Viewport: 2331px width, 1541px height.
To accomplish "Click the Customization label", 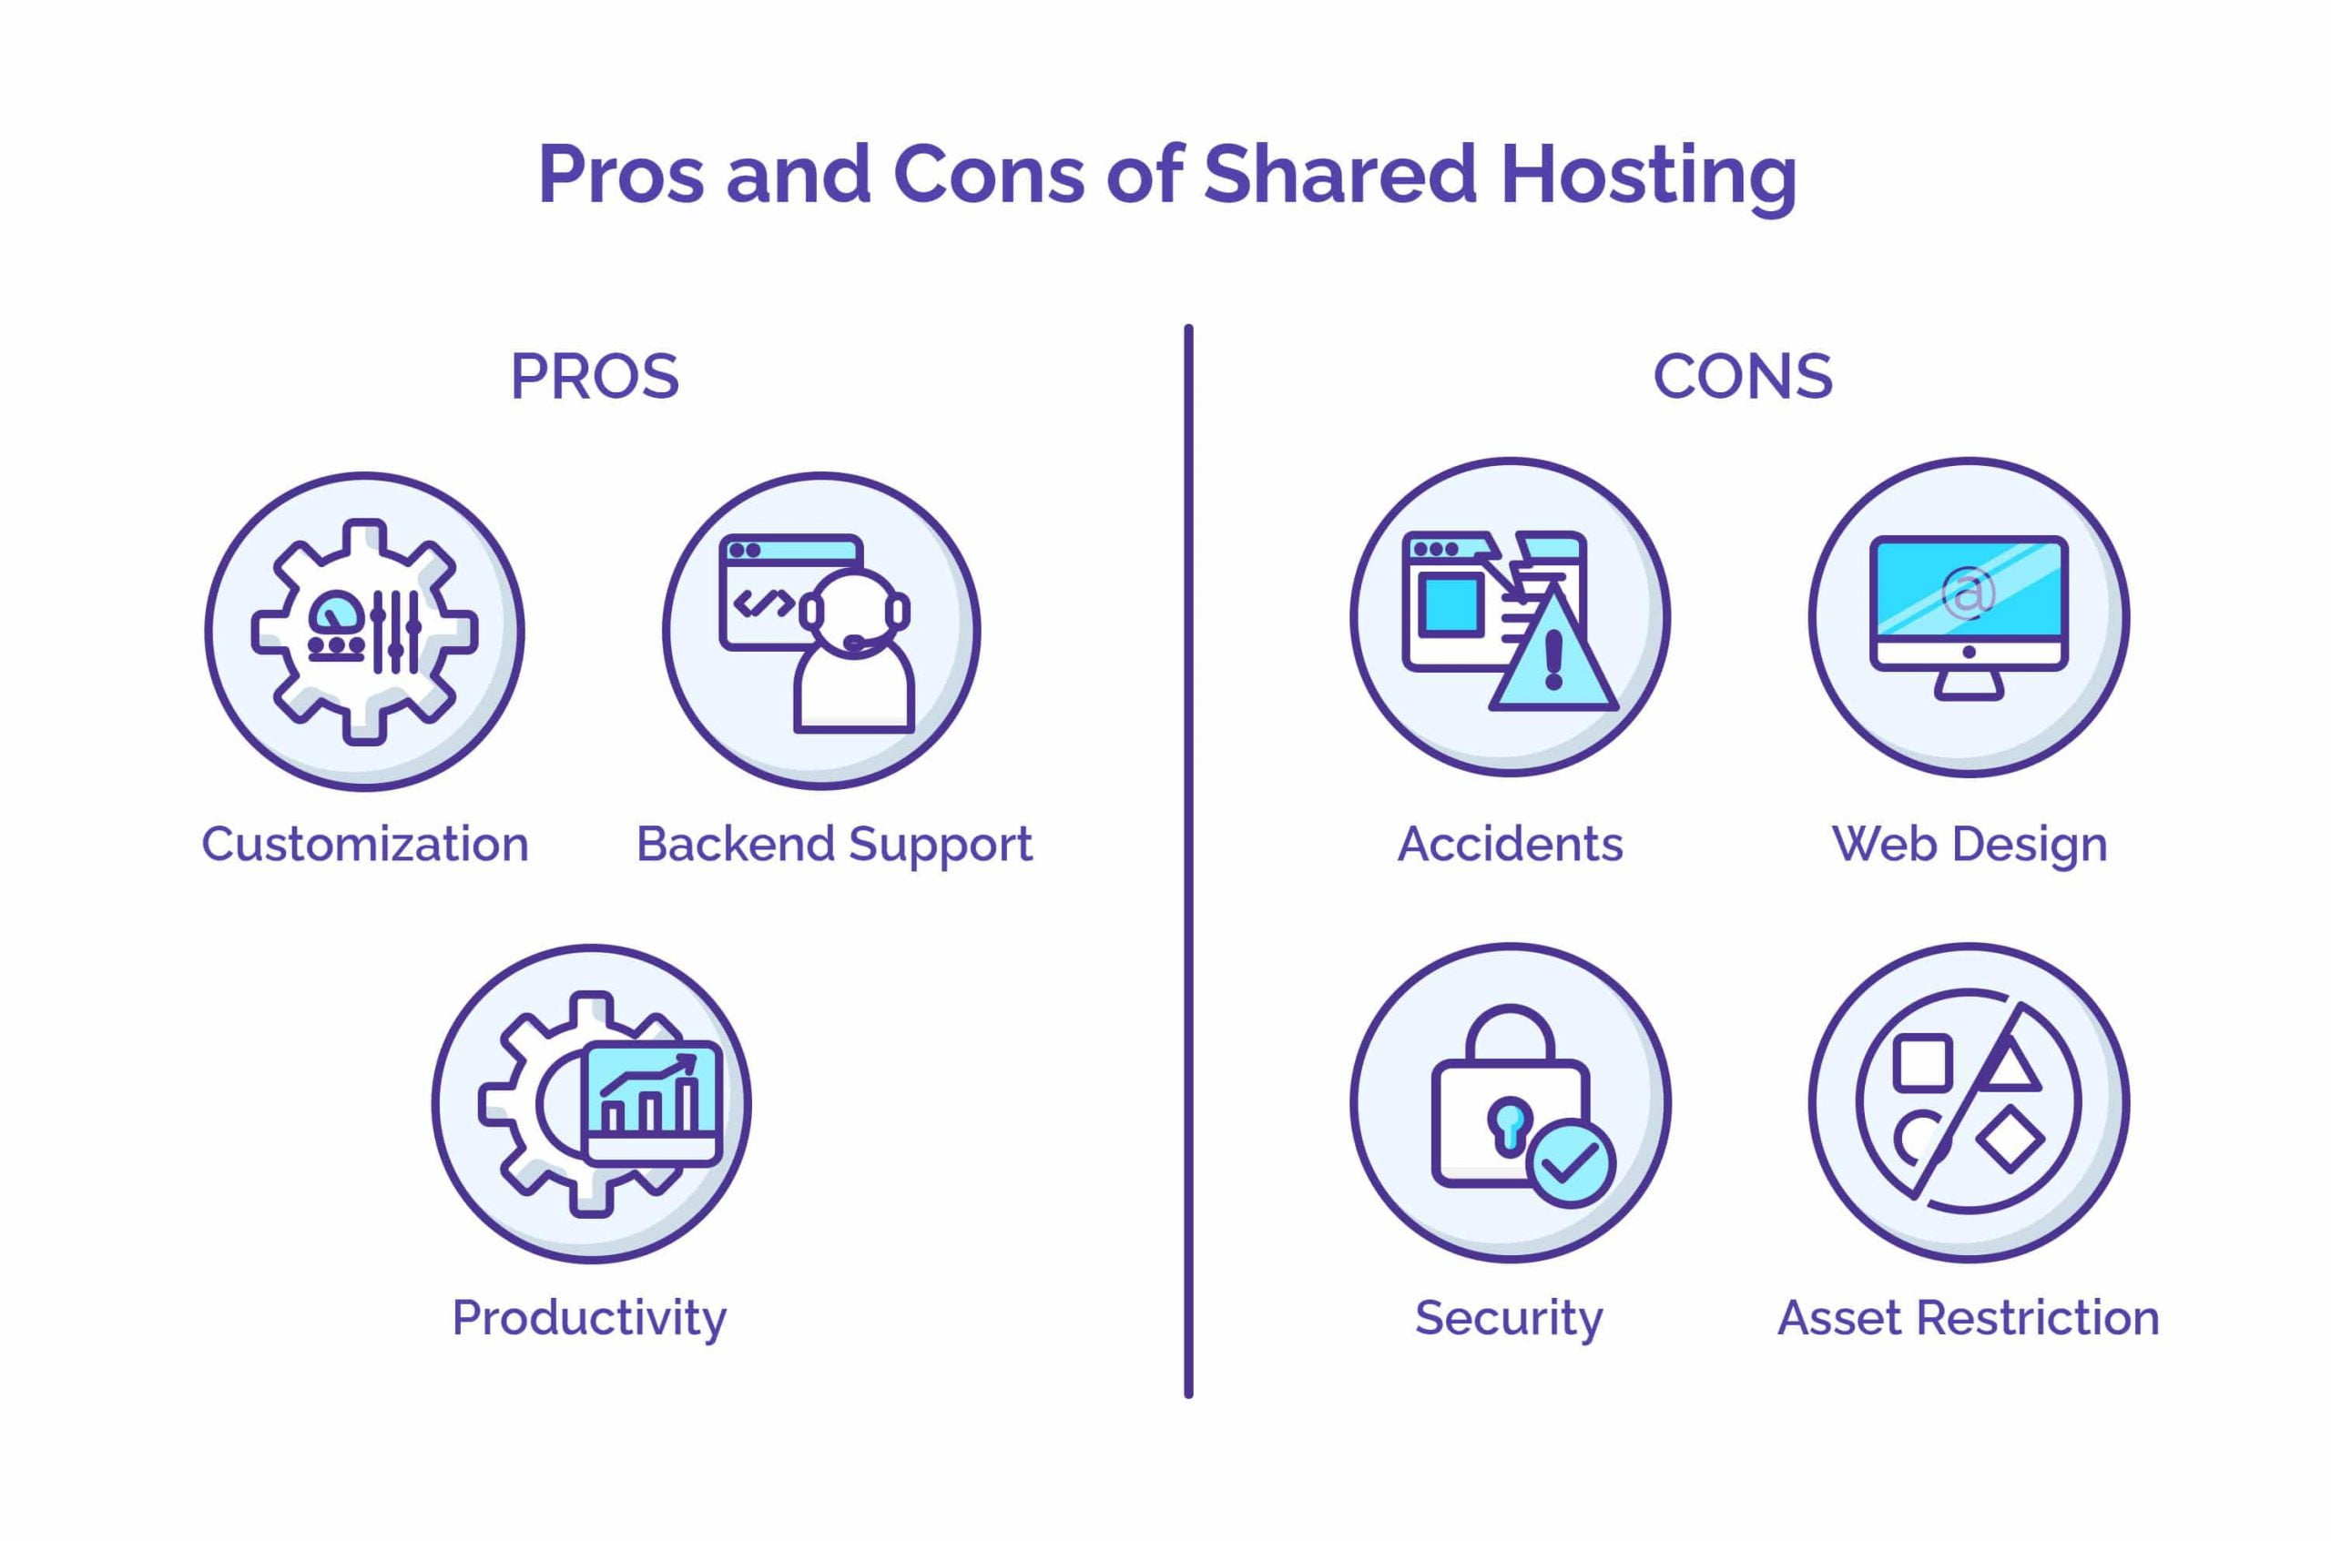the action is coord(365,843).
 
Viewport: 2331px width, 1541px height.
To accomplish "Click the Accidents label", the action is coord(1510,843).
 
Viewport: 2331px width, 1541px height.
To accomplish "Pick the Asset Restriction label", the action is coord(1969,1317).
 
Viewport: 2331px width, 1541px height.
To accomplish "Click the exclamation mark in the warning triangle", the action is coord(1553,659).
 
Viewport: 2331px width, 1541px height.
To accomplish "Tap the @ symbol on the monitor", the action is coord(1970,593).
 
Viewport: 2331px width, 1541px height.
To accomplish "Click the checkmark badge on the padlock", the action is coord(1572,1163).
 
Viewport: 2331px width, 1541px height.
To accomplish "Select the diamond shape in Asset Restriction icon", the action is coord(2010,1139).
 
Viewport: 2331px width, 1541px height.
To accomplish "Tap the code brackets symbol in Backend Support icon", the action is coord(764,604).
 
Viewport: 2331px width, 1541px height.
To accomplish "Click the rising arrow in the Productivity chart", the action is coord(649,1075).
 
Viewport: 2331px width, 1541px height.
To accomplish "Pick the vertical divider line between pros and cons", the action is coord(1188,861).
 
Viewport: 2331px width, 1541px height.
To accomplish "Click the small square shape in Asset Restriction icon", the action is coord(1922,1062).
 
